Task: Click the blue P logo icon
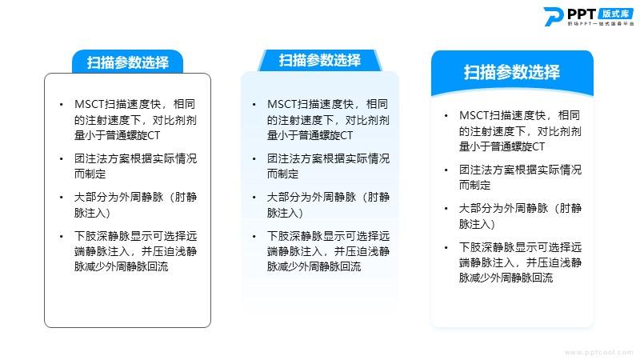click(554, 17)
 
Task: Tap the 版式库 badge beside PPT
click(616, 14)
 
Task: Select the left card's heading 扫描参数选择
click(128, 62)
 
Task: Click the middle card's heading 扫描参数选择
click(320, 61)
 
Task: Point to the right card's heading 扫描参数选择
click(512, 72)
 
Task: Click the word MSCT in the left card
click(90, 105)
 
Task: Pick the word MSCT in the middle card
click(282, 105)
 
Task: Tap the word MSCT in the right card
click(474, 115)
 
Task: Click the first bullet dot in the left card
click(62, 105)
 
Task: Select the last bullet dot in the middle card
click(254, 236)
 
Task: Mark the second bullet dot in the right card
click(446, 170)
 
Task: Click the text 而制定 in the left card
click(90, 174)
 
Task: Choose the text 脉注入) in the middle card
click(285, 213)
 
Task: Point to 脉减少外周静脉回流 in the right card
click(506, 278)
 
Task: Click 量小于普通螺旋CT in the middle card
click(310, 135)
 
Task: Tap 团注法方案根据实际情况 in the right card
click(521, 170)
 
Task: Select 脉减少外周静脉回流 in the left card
click(122, 267)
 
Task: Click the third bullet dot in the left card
click(62, 198)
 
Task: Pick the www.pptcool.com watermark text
click(598, 352)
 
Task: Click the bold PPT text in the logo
click(582, 14)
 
